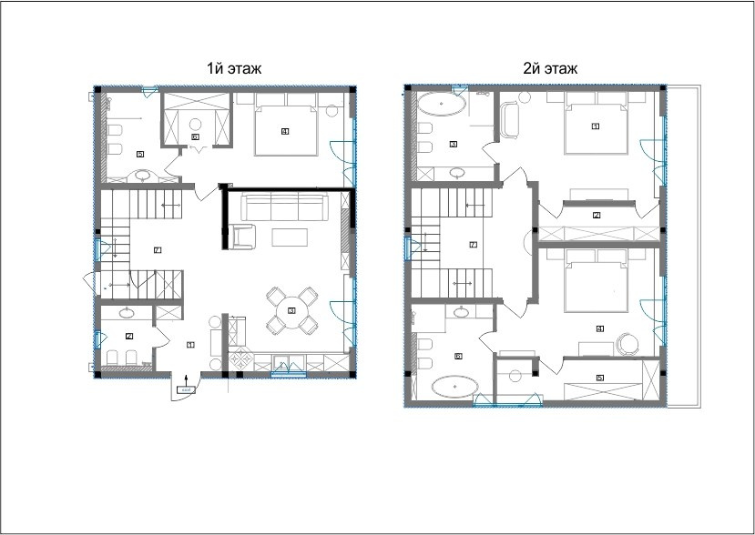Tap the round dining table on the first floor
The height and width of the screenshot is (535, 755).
(x=291, y=310)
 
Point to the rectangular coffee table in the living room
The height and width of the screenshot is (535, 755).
(x=292, y=237)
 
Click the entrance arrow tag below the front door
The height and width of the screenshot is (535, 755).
(x=185, y=389)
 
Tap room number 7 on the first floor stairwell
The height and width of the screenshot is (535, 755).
(x=157, y=249)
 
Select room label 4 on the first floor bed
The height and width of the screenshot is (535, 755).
(x=285, y=131)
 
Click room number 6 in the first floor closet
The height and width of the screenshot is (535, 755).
(x=195, y=136)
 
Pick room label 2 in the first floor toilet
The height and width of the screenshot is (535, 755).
(x=129, y=337)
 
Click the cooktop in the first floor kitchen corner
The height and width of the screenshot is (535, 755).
(x=242, y=359)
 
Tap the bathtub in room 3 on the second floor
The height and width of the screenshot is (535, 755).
(x=443, y=106)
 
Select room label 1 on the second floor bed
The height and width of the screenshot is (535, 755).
(x=595, y=126)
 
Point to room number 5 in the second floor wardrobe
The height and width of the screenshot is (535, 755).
(x=598, y=377)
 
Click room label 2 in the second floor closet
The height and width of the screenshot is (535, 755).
(x=596, y=215)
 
